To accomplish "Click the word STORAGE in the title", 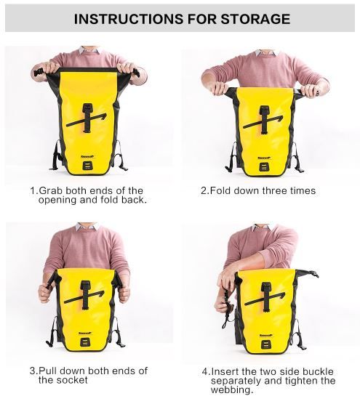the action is (255, 19).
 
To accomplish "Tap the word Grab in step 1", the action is (51, 190).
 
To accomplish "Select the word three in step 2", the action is (274, 190).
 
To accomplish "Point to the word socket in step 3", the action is (72, 380).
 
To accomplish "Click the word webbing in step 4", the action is (231, 389).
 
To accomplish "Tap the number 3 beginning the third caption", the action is (33, 371).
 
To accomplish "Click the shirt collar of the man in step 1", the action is (89, 49).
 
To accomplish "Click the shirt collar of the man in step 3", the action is (87, 226).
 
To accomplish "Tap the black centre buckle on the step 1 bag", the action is (88, 118).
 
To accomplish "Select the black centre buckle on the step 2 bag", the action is (265, 120).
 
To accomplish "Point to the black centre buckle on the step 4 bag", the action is (265, 296).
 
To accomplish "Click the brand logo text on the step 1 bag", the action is (87, 156).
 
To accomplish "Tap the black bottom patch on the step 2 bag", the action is (264, 167).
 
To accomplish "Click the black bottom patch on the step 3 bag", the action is (85, 342).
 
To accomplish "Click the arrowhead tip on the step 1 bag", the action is (106, 113).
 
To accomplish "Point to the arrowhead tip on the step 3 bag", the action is (105, 291).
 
